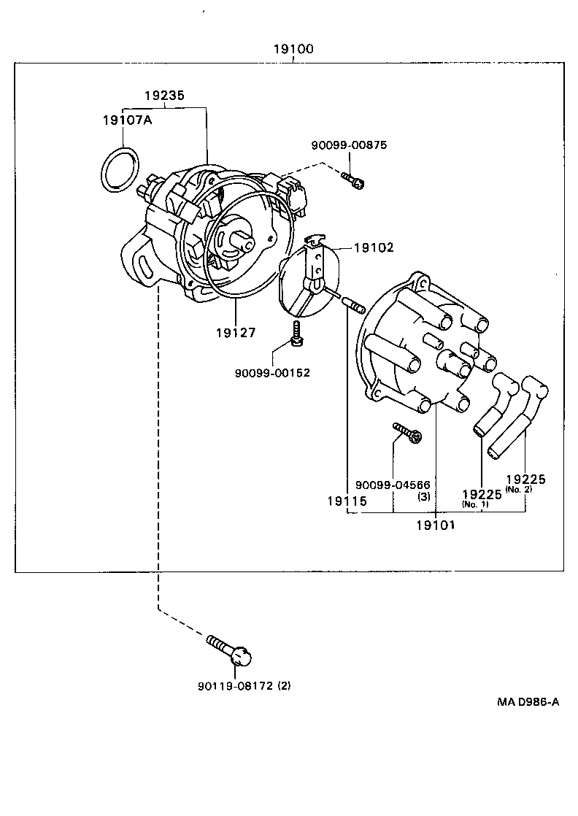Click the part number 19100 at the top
pyautogui.click(x=294, y=50)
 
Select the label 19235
pyautogui.click(x=163, y=95)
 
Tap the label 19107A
pyautogui.click(x=126, y=120)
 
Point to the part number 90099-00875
pyautogui.click(x=349, y=145)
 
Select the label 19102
pyautogui.click(x=374, y=247)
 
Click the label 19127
pyautogui.click(x=236, y=332)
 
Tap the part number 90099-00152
pyautogui.click(x=272, y=372)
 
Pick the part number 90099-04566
pyautogui.click(x=393, y=485)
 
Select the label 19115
pyautogui.click(x=347, y=501)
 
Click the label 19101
pyautogui.click(x=435, y=525)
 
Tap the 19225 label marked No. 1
pyautogui.click(x=482, y=494)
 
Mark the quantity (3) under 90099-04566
pyautogui.click(x=423, y=496)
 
